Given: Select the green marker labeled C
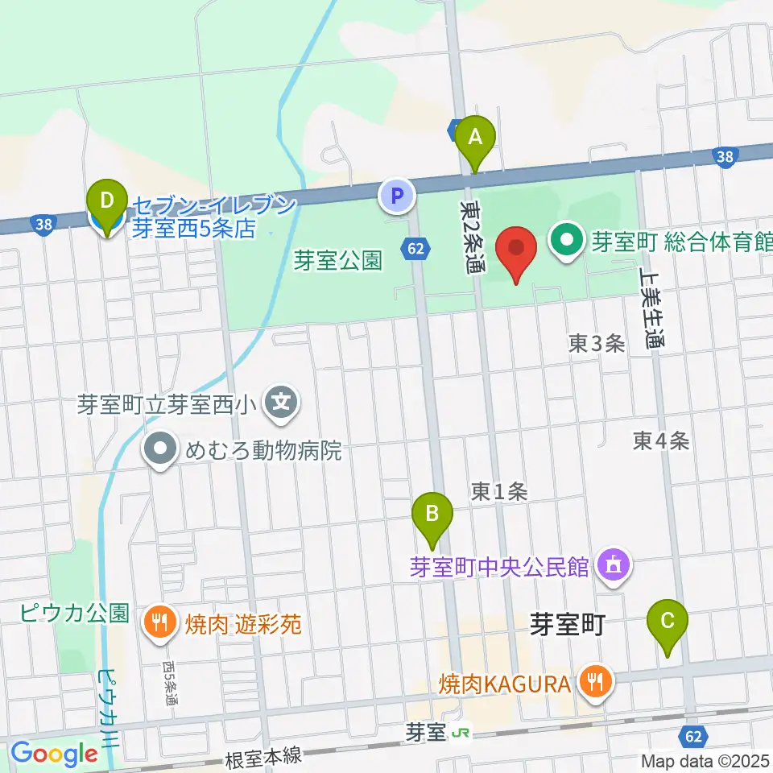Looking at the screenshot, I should click(x=668, y=621).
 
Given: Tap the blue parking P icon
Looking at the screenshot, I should click(x=395, y=195).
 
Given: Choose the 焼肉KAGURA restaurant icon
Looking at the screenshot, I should click(x=596, y=684).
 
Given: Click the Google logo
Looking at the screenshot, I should click(x=54, y=754).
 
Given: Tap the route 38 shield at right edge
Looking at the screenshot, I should click(x=727, y=158).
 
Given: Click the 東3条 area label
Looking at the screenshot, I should click(x=596, y=344).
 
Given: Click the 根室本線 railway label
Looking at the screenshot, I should click(x=263, y=757).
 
